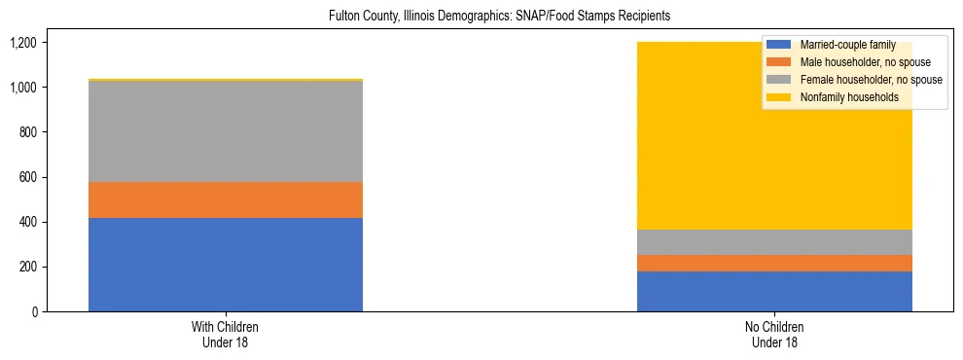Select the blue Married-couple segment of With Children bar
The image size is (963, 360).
tap(226, 265)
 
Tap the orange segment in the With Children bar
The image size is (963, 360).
tap(226, 199)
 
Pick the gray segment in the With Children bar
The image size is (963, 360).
tap(226, 131)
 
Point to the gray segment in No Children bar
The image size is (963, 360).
tap(774, 242)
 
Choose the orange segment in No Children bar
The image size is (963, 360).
tap(774, 263)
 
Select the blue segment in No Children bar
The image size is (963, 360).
tap(774, 291)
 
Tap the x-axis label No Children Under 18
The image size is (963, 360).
tap(774, 335)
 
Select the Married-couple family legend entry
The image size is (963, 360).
tap(841, 46)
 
